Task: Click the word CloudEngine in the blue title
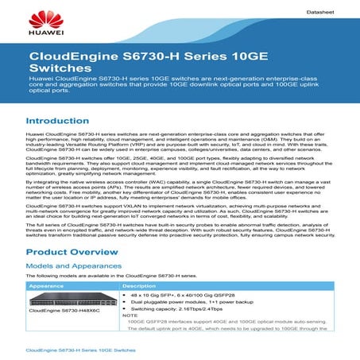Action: [69, 57]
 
